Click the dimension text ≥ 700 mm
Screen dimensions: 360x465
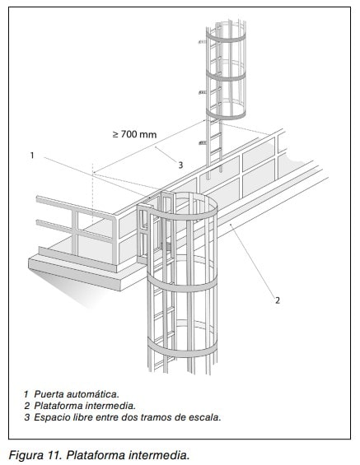click(135, 134)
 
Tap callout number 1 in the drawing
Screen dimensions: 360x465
click(32, 155)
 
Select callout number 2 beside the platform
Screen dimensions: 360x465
click(278, 300)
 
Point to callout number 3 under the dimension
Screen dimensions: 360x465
click(180, 165)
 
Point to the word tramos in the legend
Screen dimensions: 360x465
click(155, 417)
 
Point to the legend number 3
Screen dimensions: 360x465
click(27, 417)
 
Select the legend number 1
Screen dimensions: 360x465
click(26, 394)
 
